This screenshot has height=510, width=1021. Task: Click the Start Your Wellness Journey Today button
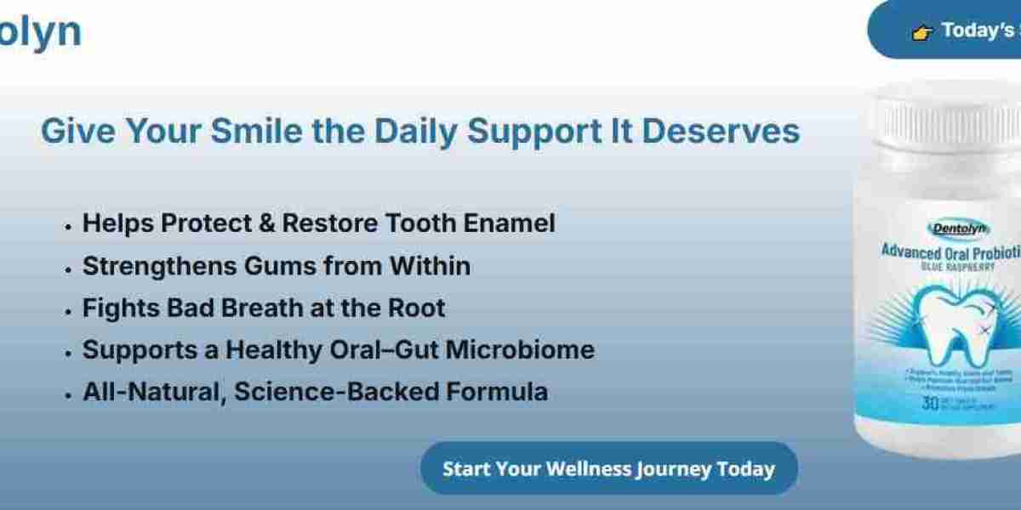tap(608, 468)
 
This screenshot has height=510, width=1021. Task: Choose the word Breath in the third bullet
tap(260, 308)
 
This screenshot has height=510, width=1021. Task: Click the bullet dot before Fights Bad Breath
tap(68, 310)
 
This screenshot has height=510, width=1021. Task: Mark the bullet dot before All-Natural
tap(68, 394)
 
